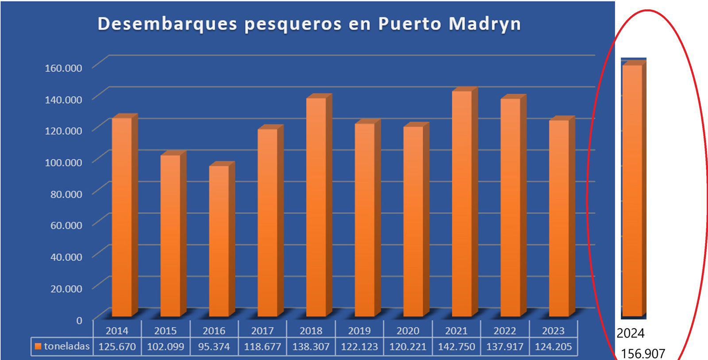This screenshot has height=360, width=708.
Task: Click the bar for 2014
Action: [x=122, y=217]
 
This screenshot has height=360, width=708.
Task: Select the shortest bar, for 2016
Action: [x=219, y=241]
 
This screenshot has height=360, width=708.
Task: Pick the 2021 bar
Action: [x=462, y=203]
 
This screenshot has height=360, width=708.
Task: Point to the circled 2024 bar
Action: [x=632, y=190]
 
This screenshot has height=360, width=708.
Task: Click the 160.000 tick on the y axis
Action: [x=63, y=68]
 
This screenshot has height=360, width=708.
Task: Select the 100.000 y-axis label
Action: [x=63, y=162]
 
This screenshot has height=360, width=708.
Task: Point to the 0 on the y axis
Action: [x=79, y=320]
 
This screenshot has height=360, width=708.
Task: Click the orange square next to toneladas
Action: [x=38, y=346]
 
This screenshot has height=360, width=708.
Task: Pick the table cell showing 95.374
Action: [x=214, y=347]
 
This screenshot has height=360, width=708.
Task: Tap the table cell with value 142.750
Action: [x=456, y=347]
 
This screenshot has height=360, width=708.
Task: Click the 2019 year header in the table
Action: [x=359, y=331]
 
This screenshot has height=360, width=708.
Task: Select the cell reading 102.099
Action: [x=165, y=347]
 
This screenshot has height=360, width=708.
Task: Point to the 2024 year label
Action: [x=631, y=333]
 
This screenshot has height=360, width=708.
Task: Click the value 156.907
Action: [x=643, y=353]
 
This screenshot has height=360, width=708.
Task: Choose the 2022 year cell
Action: [x=505, y=331]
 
